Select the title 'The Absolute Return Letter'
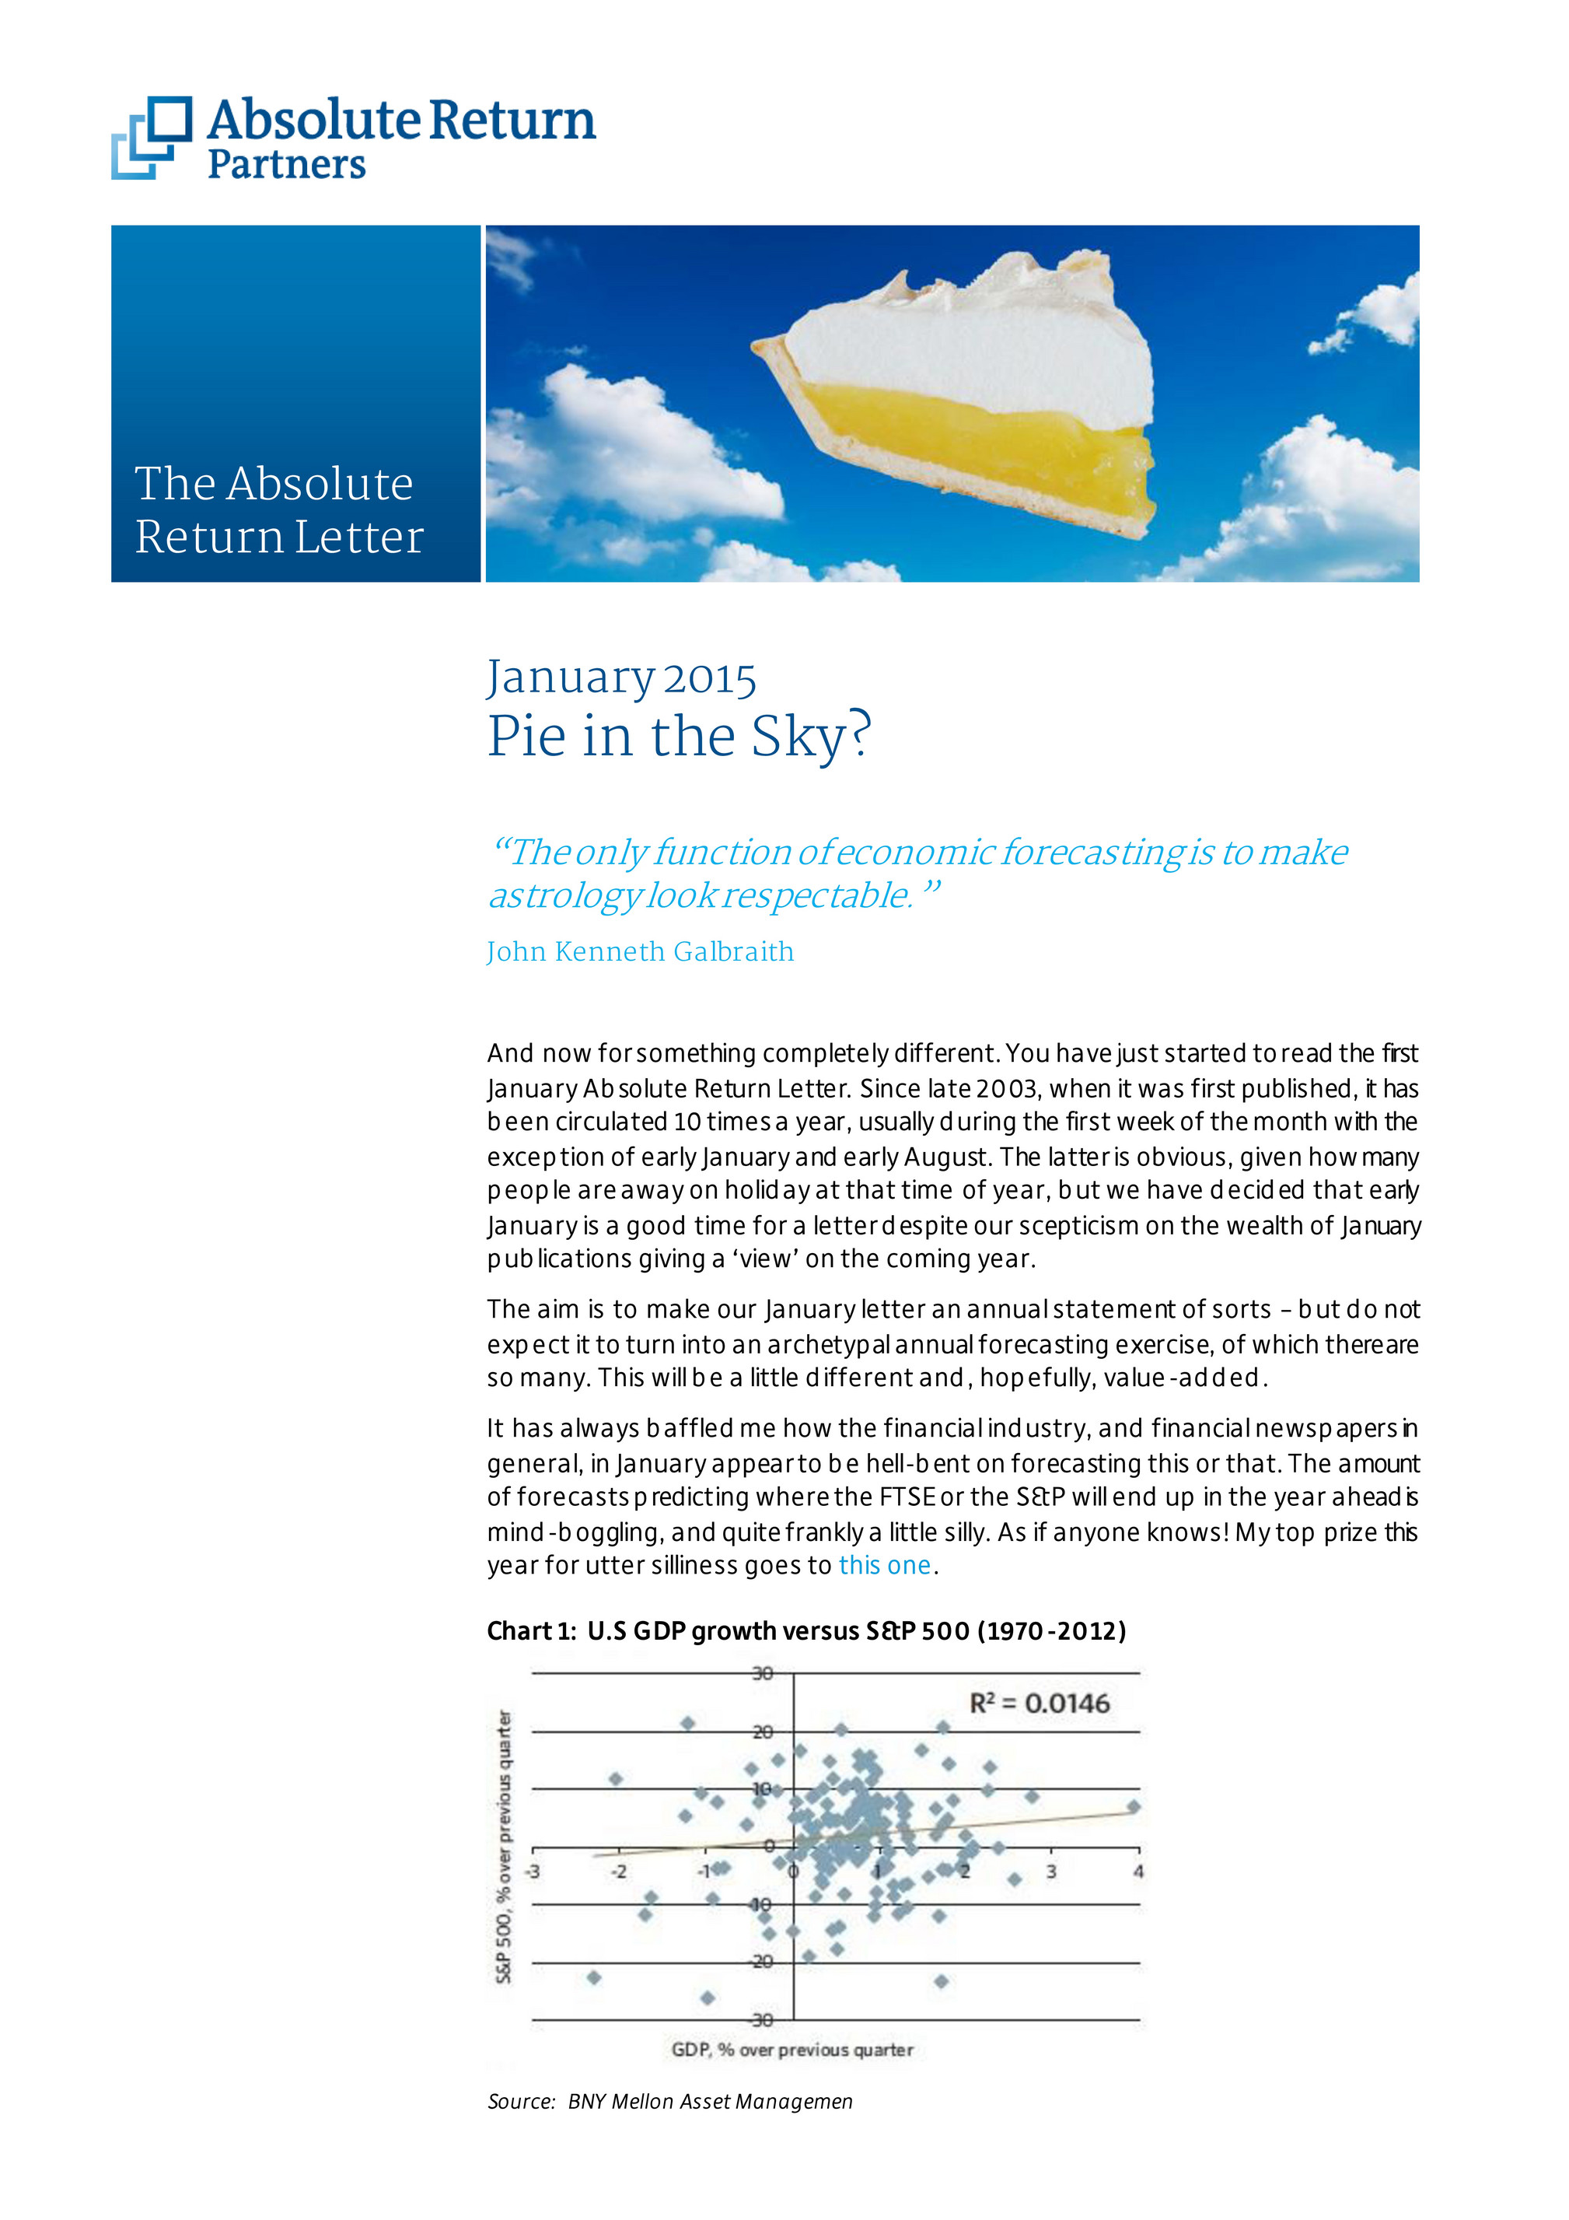278,509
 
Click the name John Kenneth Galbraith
639,951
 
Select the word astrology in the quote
563,895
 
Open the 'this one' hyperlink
883,1565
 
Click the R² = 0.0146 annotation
1040,1703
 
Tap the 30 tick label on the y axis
762,1672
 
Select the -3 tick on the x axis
532,1871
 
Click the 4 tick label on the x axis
1137,1871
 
